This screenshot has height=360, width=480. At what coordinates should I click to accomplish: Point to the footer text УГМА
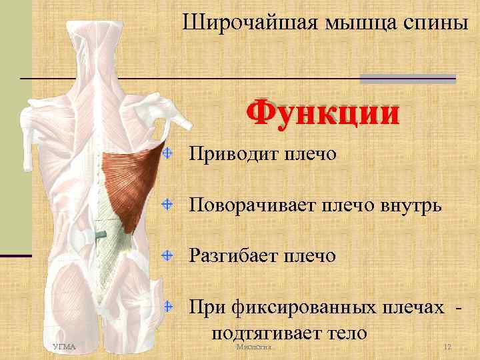(65, 347)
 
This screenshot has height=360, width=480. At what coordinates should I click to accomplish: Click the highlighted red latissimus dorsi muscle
(130, 180)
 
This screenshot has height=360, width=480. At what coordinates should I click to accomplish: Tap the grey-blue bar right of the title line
(407, 79)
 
